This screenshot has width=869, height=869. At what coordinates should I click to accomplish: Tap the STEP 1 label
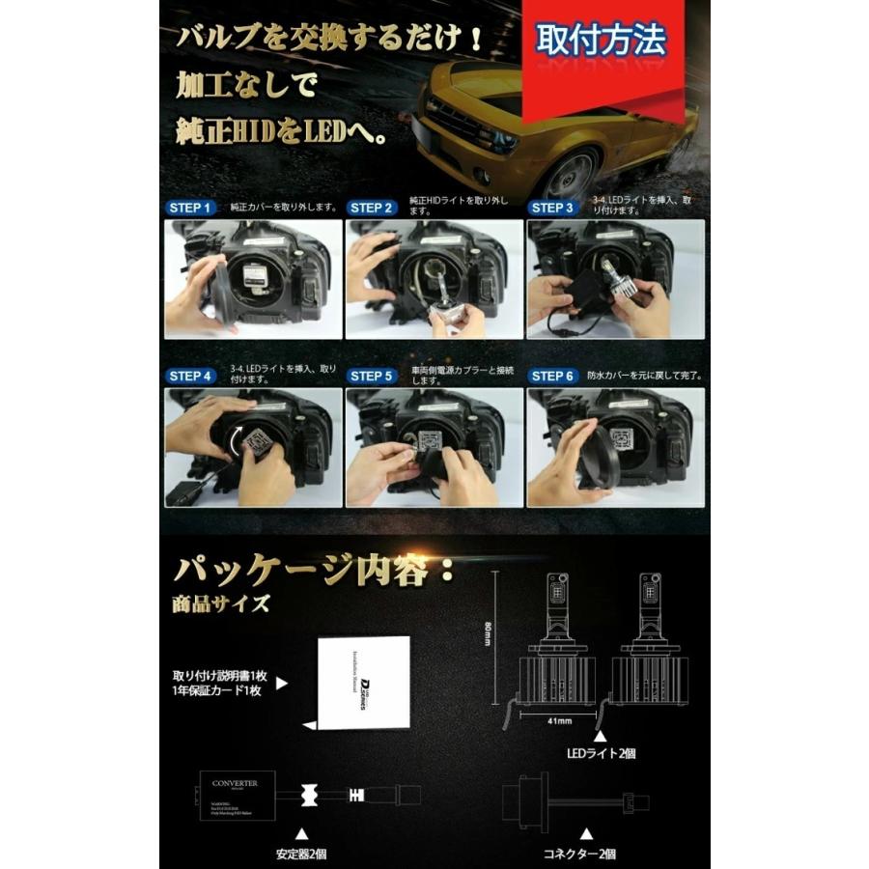(x=190, y=208)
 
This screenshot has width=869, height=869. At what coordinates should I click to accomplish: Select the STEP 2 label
(x=372, y=208)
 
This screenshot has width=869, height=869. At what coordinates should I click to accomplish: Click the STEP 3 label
(x=552, y=208)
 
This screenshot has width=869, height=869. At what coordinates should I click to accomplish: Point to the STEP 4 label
(x=190, y=376)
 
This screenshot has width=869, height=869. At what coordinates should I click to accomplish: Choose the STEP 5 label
(x=372, y=376)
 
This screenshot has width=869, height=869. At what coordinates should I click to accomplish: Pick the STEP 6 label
(x=552, y=376)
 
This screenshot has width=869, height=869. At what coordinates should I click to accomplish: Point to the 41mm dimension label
(x=558, y=718)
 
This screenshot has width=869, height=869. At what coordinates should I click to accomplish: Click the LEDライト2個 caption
(x=601, y=751)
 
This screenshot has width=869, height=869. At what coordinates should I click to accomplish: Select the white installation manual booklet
(x=363, y=683)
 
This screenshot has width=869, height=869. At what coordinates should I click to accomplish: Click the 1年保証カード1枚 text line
(x=220, y=691)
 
